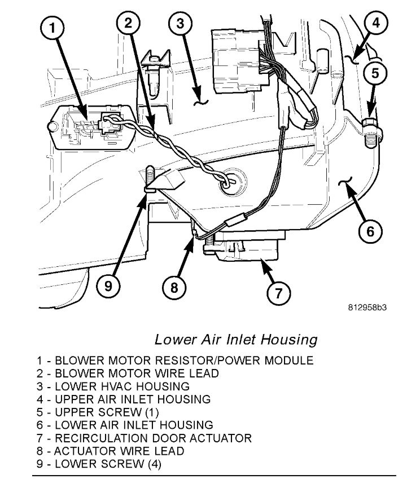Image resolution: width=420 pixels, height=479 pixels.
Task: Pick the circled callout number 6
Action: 369,231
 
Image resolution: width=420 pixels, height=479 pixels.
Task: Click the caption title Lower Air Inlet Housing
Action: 235,340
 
